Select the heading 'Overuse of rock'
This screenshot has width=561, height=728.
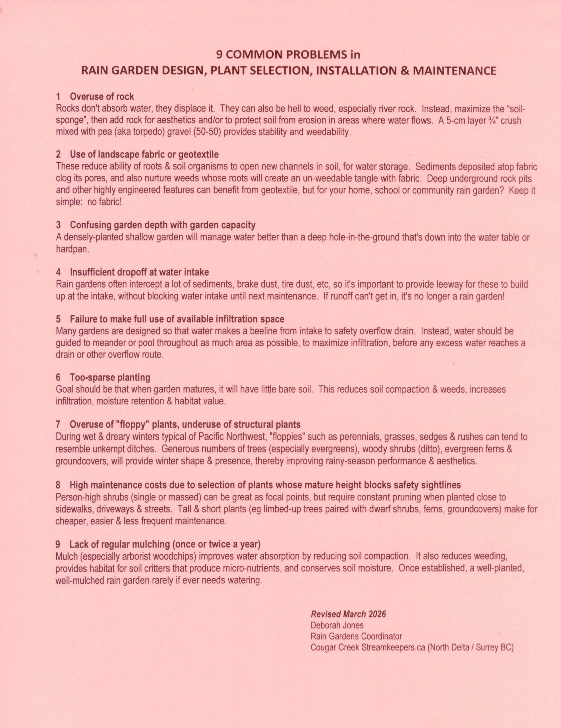pos(102,97)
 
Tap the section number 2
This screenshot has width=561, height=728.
pos(59,155)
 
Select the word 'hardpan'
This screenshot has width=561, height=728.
pos(72,249)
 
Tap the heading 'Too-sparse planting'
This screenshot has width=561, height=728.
pos(110,377)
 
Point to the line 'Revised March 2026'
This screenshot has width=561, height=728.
pos(348,614)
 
